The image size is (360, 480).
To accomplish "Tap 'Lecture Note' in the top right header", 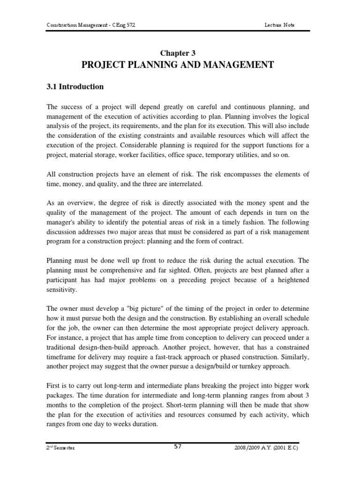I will tap(279, 25).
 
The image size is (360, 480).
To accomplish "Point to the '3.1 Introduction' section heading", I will tap(75, 87).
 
